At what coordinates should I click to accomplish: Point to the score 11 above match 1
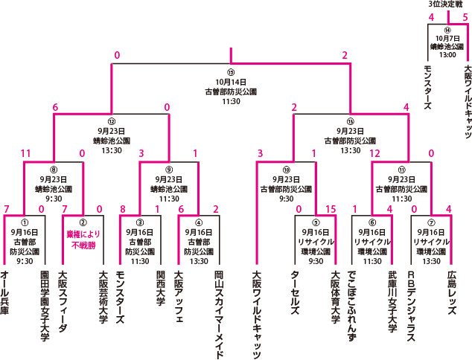26,153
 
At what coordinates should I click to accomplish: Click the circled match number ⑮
231,72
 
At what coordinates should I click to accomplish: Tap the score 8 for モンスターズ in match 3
123,209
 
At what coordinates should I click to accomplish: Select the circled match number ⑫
112,120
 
